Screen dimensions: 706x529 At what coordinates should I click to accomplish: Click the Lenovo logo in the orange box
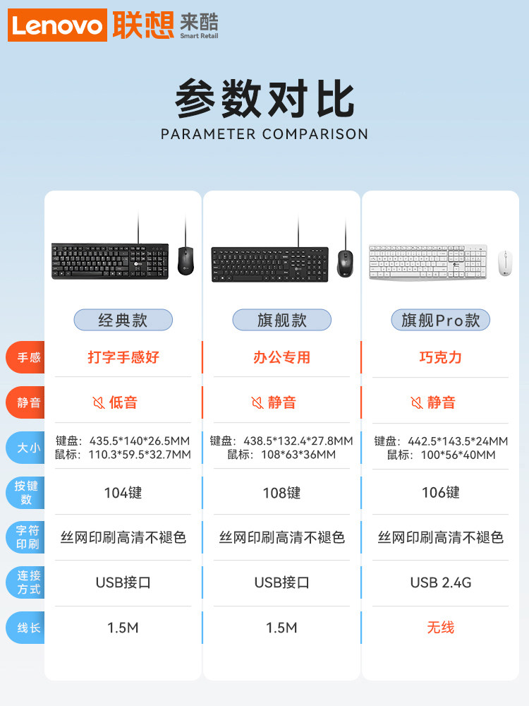coord(57,26)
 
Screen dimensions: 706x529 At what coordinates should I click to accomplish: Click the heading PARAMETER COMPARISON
coord(264,134)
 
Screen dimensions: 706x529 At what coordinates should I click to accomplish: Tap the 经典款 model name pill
coord(123,320)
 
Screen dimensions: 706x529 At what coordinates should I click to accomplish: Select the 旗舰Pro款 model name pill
coord(440,320)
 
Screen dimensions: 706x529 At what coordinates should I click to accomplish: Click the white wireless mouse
coord(504,263)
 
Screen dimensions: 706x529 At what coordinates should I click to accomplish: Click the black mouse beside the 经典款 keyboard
coord(186,261)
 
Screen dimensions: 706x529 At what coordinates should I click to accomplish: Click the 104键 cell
coord(123,493)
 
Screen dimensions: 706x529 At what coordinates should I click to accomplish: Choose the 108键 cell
coord(281,493)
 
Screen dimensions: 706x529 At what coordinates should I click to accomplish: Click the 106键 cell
coord(440,493)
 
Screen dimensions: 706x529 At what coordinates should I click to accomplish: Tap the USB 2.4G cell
coord(440,582)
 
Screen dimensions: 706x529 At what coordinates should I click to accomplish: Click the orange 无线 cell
coord(440,627)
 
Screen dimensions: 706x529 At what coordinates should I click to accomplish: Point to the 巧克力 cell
coord(440,357)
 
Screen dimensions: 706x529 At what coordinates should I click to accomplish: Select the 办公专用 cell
coord(281,357)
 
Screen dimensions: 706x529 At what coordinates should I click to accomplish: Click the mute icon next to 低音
coord(99,402)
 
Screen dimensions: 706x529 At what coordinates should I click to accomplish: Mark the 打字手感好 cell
coord(123,357)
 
